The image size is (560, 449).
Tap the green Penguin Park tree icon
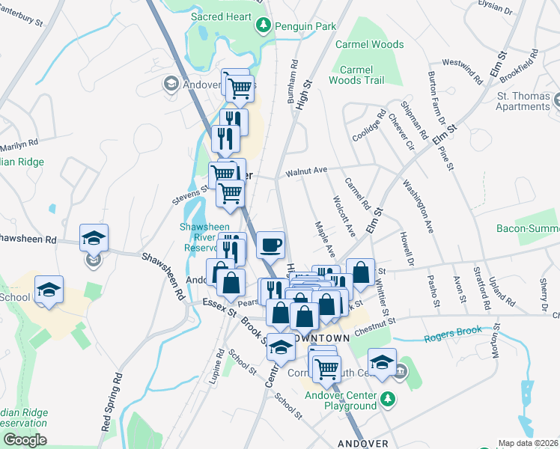(x=264, y=26)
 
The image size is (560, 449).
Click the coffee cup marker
(x=270, y=244)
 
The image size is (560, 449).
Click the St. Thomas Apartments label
(x=524, y=102)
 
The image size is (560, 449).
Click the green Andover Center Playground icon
(x=388, y=397)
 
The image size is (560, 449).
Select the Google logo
(x=25, y=440)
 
